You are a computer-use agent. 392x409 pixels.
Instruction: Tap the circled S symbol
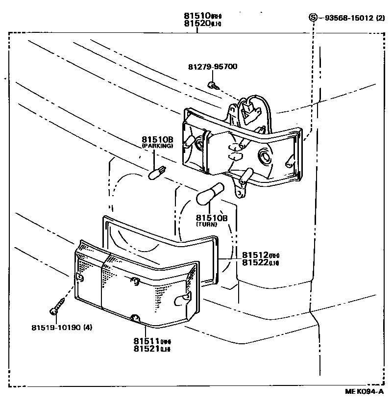313,18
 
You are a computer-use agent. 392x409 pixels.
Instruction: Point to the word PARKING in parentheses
157,146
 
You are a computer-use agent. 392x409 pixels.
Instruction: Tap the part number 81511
145,341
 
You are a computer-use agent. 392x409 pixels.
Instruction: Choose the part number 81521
145,349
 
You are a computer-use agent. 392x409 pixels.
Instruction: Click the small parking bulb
156,173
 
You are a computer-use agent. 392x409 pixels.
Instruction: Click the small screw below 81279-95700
212,85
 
